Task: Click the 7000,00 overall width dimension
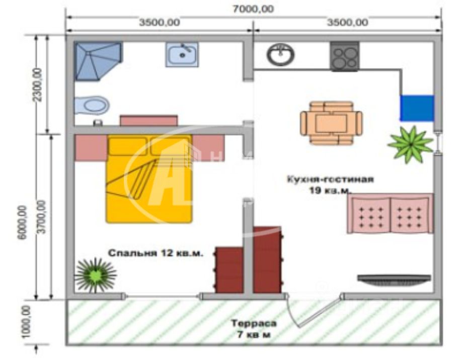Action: [x=254, y=9]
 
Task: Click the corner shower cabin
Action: [x=97, y=60]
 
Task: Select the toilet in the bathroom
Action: [x=91, y=106]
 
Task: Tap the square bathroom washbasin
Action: [x=182, y=54]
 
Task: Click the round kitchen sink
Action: [x=280, y=54]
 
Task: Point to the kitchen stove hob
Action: [x=345, y=55]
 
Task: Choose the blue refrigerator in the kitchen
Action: [x=417, y=108]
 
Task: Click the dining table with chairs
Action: [x=331, y=122]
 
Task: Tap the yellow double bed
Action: [x=149, y=178]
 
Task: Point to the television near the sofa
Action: [x=394, y=280]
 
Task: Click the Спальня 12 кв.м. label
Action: [x=156, y=253]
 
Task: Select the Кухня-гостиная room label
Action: [x=330, y=180]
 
